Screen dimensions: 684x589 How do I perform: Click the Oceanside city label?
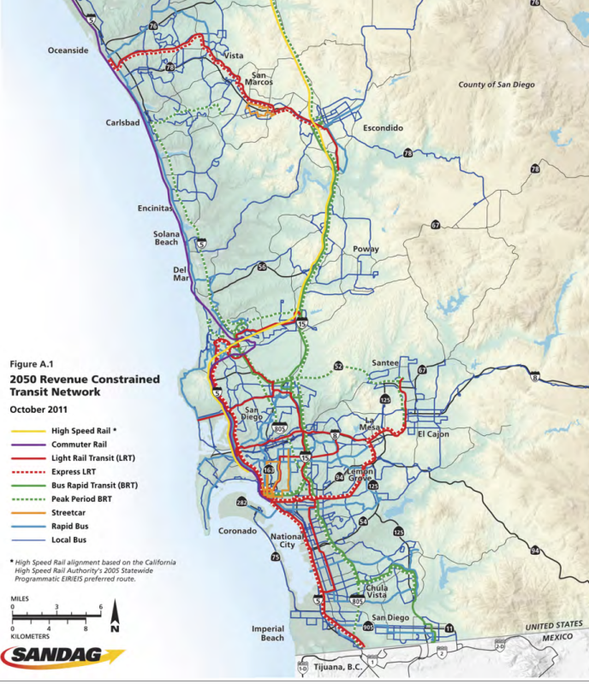click(x=68, y=50)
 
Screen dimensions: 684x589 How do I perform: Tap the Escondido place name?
click(x=383, y=128)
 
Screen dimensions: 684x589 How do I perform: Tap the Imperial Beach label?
click(x=267, y=633)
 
